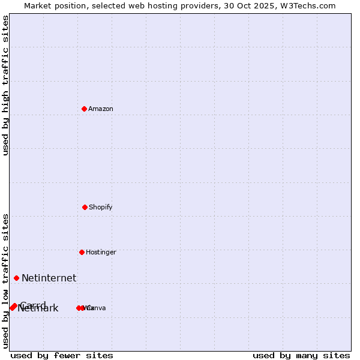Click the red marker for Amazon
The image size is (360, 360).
point(85,109)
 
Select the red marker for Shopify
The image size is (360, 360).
point(85,207)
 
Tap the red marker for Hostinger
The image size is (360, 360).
point(82,252)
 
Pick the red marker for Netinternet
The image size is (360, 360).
point(16,278)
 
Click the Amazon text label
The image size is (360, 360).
point(101,109)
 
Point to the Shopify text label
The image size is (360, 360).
point(101,207)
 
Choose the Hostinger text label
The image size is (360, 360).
point(101,252)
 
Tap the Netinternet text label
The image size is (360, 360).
point(49,278)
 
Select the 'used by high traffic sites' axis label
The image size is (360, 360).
point(5,85)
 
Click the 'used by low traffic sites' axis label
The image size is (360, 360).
point(5,281)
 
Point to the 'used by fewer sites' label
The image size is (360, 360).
point(62,355)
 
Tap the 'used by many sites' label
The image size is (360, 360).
point(301,355)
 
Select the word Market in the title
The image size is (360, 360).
point(38,5)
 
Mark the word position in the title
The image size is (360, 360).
point(70,5)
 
